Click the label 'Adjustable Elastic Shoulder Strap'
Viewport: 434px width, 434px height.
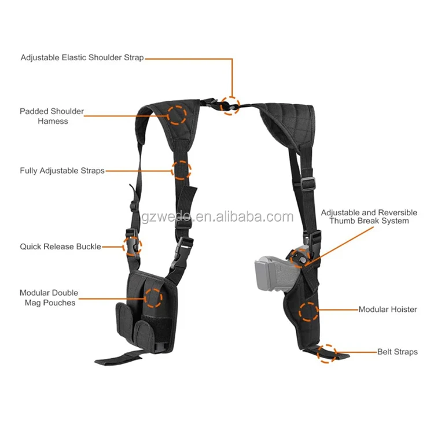pos(82,58)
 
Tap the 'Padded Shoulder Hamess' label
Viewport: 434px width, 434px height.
pos(52,116)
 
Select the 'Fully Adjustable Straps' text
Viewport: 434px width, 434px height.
pos(62,171)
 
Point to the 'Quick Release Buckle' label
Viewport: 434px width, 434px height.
pos(61,247)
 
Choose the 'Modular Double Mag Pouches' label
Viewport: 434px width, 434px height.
pos(49,297)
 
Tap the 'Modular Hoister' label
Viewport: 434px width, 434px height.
pos(388,310)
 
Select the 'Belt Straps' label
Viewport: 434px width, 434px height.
pos(398,351)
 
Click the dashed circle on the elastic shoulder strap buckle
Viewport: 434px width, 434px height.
pos(231,105)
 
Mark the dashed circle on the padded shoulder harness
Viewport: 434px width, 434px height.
pos(178,114)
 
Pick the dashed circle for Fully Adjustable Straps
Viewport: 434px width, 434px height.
pos(182,169)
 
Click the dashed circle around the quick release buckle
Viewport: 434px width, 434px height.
pos(131,247)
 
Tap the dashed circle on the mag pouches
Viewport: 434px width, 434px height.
pos(153,298)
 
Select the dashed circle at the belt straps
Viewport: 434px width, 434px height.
pos(327,353)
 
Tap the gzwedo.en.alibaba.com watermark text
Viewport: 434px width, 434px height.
pos(217,218)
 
